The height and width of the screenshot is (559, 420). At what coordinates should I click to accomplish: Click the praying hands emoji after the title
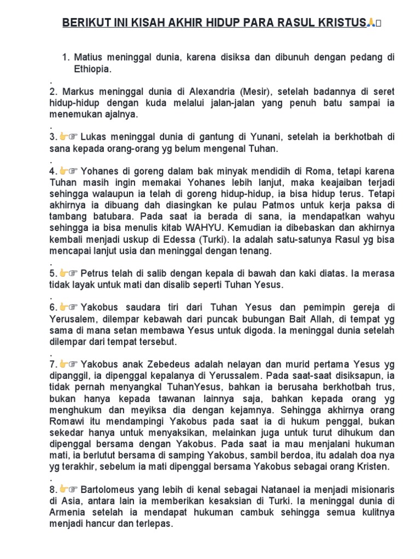(371, 22)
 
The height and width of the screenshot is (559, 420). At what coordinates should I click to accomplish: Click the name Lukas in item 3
(94, 136)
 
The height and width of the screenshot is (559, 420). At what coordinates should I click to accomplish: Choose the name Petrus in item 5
(94, 273)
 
